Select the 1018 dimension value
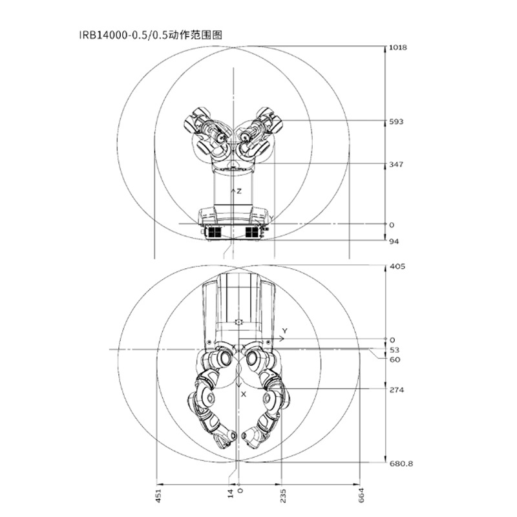pos(398,47)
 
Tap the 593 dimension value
pos(396,121)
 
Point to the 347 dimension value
pos(396,164)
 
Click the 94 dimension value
pos(394,241)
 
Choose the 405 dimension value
pos(397,266)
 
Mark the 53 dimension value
pos(394,350)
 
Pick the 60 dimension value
pos(395,359)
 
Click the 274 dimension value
pos(397,390)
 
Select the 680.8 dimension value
pos(401,463)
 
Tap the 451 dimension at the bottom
pos(158,496)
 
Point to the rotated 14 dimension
pos(231,494)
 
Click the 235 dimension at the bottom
pos(283,496)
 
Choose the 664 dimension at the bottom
pos(361,495)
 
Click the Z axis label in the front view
pos(239,191)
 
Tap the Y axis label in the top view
pos(285,331)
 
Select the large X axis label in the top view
pos(244,394)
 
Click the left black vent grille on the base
pos(214,232)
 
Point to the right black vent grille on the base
pos(252,232)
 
